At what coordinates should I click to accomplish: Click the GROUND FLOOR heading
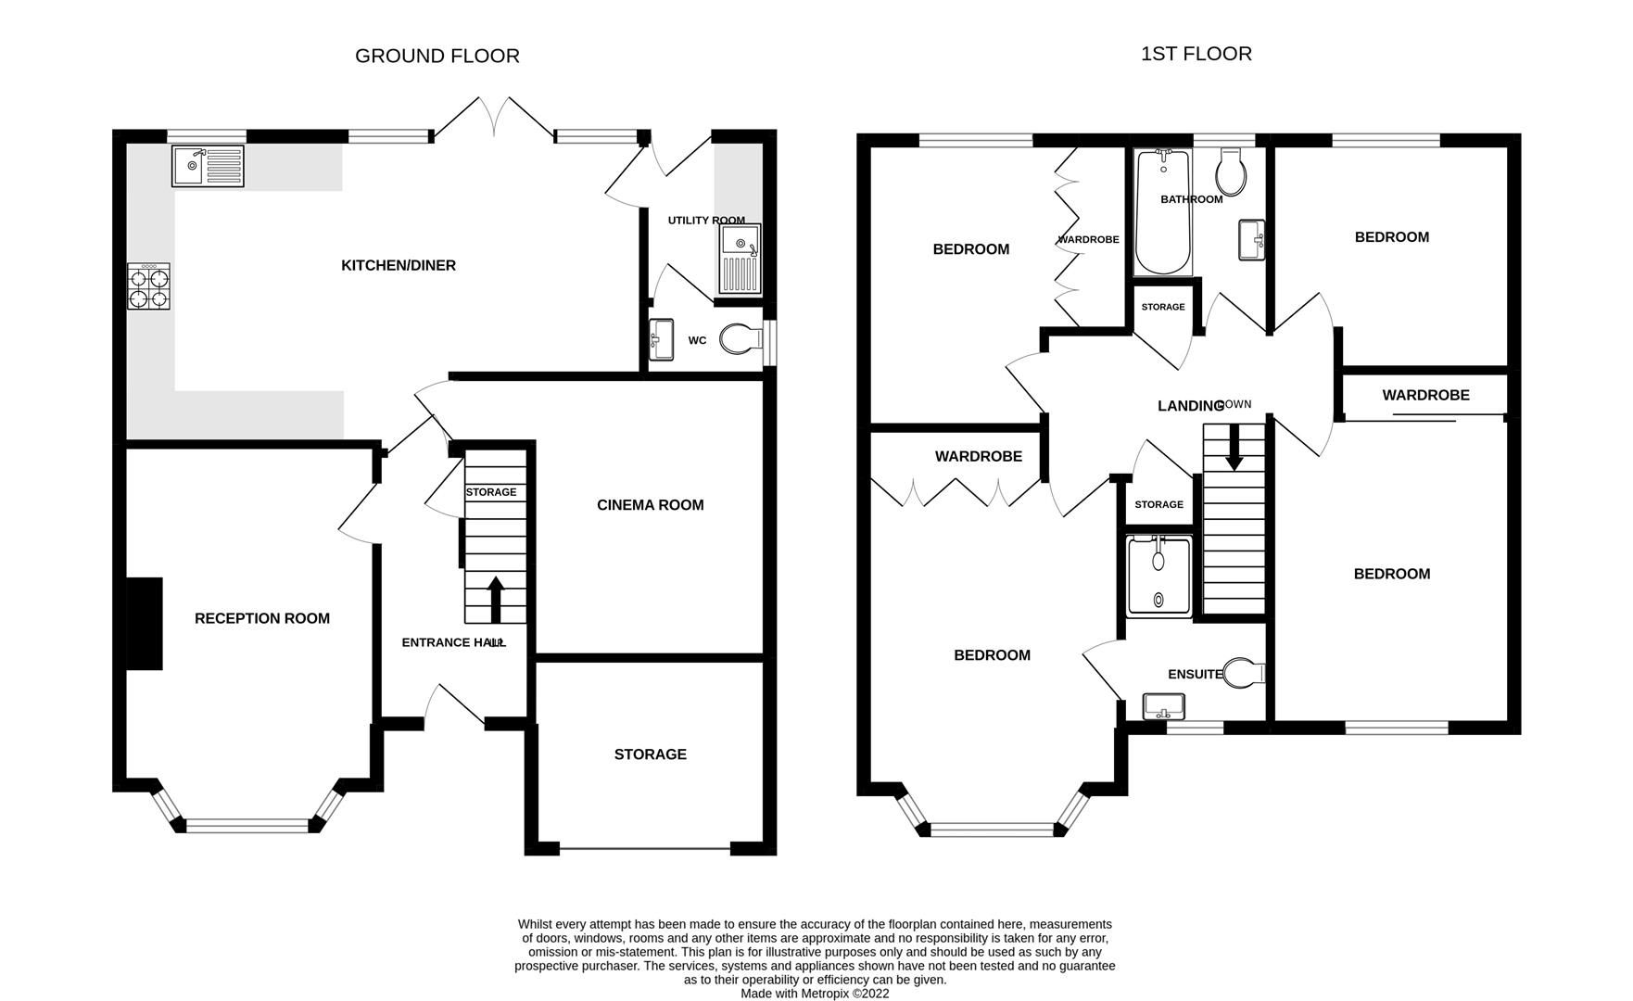437,56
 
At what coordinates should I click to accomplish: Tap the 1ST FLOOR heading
1196,54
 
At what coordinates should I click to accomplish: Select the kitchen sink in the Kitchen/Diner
208,166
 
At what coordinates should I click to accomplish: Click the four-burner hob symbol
149,286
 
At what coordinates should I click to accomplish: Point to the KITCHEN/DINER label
399,266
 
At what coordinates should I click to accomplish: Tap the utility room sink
740,258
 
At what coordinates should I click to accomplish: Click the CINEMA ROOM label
650,505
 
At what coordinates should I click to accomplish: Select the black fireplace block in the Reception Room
145,624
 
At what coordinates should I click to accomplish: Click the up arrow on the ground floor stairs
495,599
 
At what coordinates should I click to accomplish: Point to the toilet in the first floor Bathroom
1232,170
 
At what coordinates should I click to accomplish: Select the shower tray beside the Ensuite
1158,575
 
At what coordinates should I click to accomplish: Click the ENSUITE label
1195,674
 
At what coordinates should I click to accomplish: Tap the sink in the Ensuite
1163,707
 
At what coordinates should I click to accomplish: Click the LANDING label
1190,406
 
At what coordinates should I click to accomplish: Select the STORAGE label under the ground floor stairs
491,492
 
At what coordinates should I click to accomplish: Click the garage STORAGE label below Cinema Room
650,754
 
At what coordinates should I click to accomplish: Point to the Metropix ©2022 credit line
815,993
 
